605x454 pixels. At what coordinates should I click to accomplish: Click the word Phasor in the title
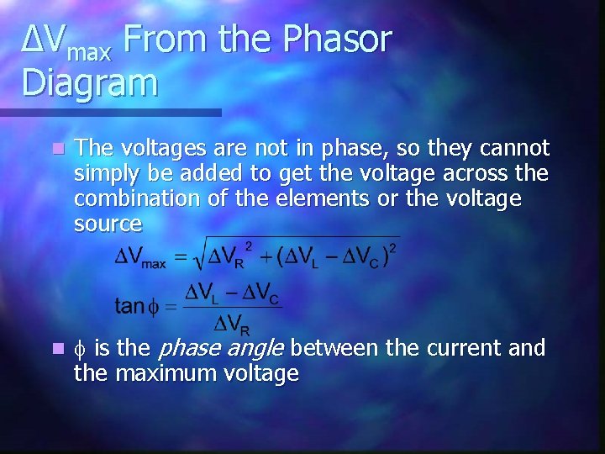coord(339,40)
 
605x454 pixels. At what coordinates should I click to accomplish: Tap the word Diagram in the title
coord(90,82)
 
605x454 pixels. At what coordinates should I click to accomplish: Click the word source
coord(108,224)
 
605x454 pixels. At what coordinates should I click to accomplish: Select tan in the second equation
coord(129,306)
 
